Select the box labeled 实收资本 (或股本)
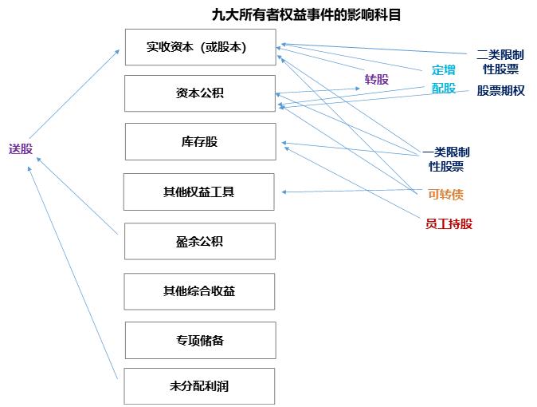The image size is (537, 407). pyautogui.click(x=200, y=47)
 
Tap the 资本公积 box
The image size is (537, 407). pyautogui.click(x=200, y=93)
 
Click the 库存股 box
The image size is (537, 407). pyautogui.click(x=200, y=142)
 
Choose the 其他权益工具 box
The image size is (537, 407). pyautogui.click(x=199, y=192)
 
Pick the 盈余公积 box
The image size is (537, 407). pyautogui.click(x=200, y=241)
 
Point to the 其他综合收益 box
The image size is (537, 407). pyautogui.click(x=200, y=291)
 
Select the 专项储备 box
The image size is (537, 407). pyautogui.click(x=200, y=340)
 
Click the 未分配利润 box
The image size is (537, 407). pyautogui.click(x=200, y=386)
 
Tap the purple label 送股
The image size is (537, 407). pyautogui.click(x=21, y=148)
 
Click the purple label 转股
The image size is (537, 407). pyautogui.click(x=377, y=79)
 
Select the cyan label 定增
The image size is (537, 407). pyautogui.click(x=444, y=69)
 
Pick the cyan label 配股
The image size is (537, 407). pyautogui.click(x=444, y=89)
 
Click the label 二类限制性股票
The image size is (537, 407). pyautogui.click(x=500, y=62)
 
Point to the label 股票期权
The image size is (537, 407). pyautogui.click(x=501, y=91)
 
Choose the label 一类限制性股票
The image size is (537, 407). pyautogui.click(x=445, y=160)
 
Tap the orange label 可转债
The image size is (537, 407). pyautogui.click(x=445, y=194)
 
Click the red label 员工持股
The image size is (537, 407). pyautogui.click(x=449, y=224)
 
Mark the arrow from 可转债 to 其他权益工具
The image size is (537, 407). pyautogui.click(x=351, y=191)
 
